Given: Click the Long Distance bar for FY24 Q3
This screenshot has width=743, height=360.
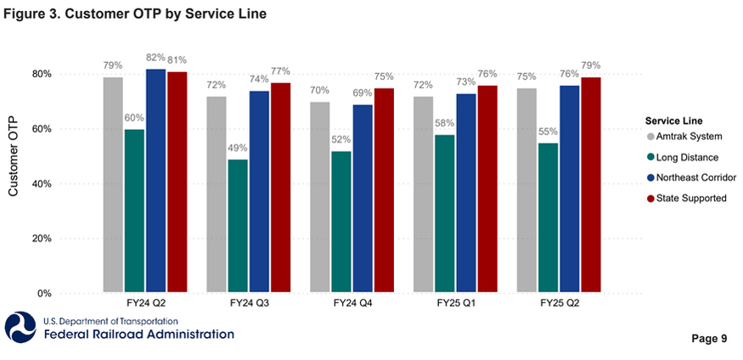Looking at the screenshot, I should tap(239, 226).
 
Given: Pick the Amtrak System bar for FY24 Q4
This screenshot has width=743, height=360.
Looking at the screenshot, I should tap(320, 197).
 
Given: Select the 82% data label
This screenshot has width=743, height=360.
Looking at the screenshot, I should tap(155, 59).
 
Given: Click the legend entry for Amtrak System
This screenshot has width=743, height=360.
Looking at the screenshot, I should tap(683, 136).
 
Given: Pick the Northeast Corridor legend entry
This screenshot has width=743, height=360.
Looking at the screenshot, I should tap(688, 177).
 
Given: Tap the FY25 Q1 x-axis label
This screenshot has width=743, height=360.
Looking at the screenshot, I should tap(455, 303).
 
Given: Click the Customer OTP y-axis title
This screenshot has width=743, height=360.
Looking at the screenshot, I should tap(14, 160).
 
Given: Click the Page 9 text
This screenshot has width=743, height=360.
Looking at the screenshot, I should tap(709, 339).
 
